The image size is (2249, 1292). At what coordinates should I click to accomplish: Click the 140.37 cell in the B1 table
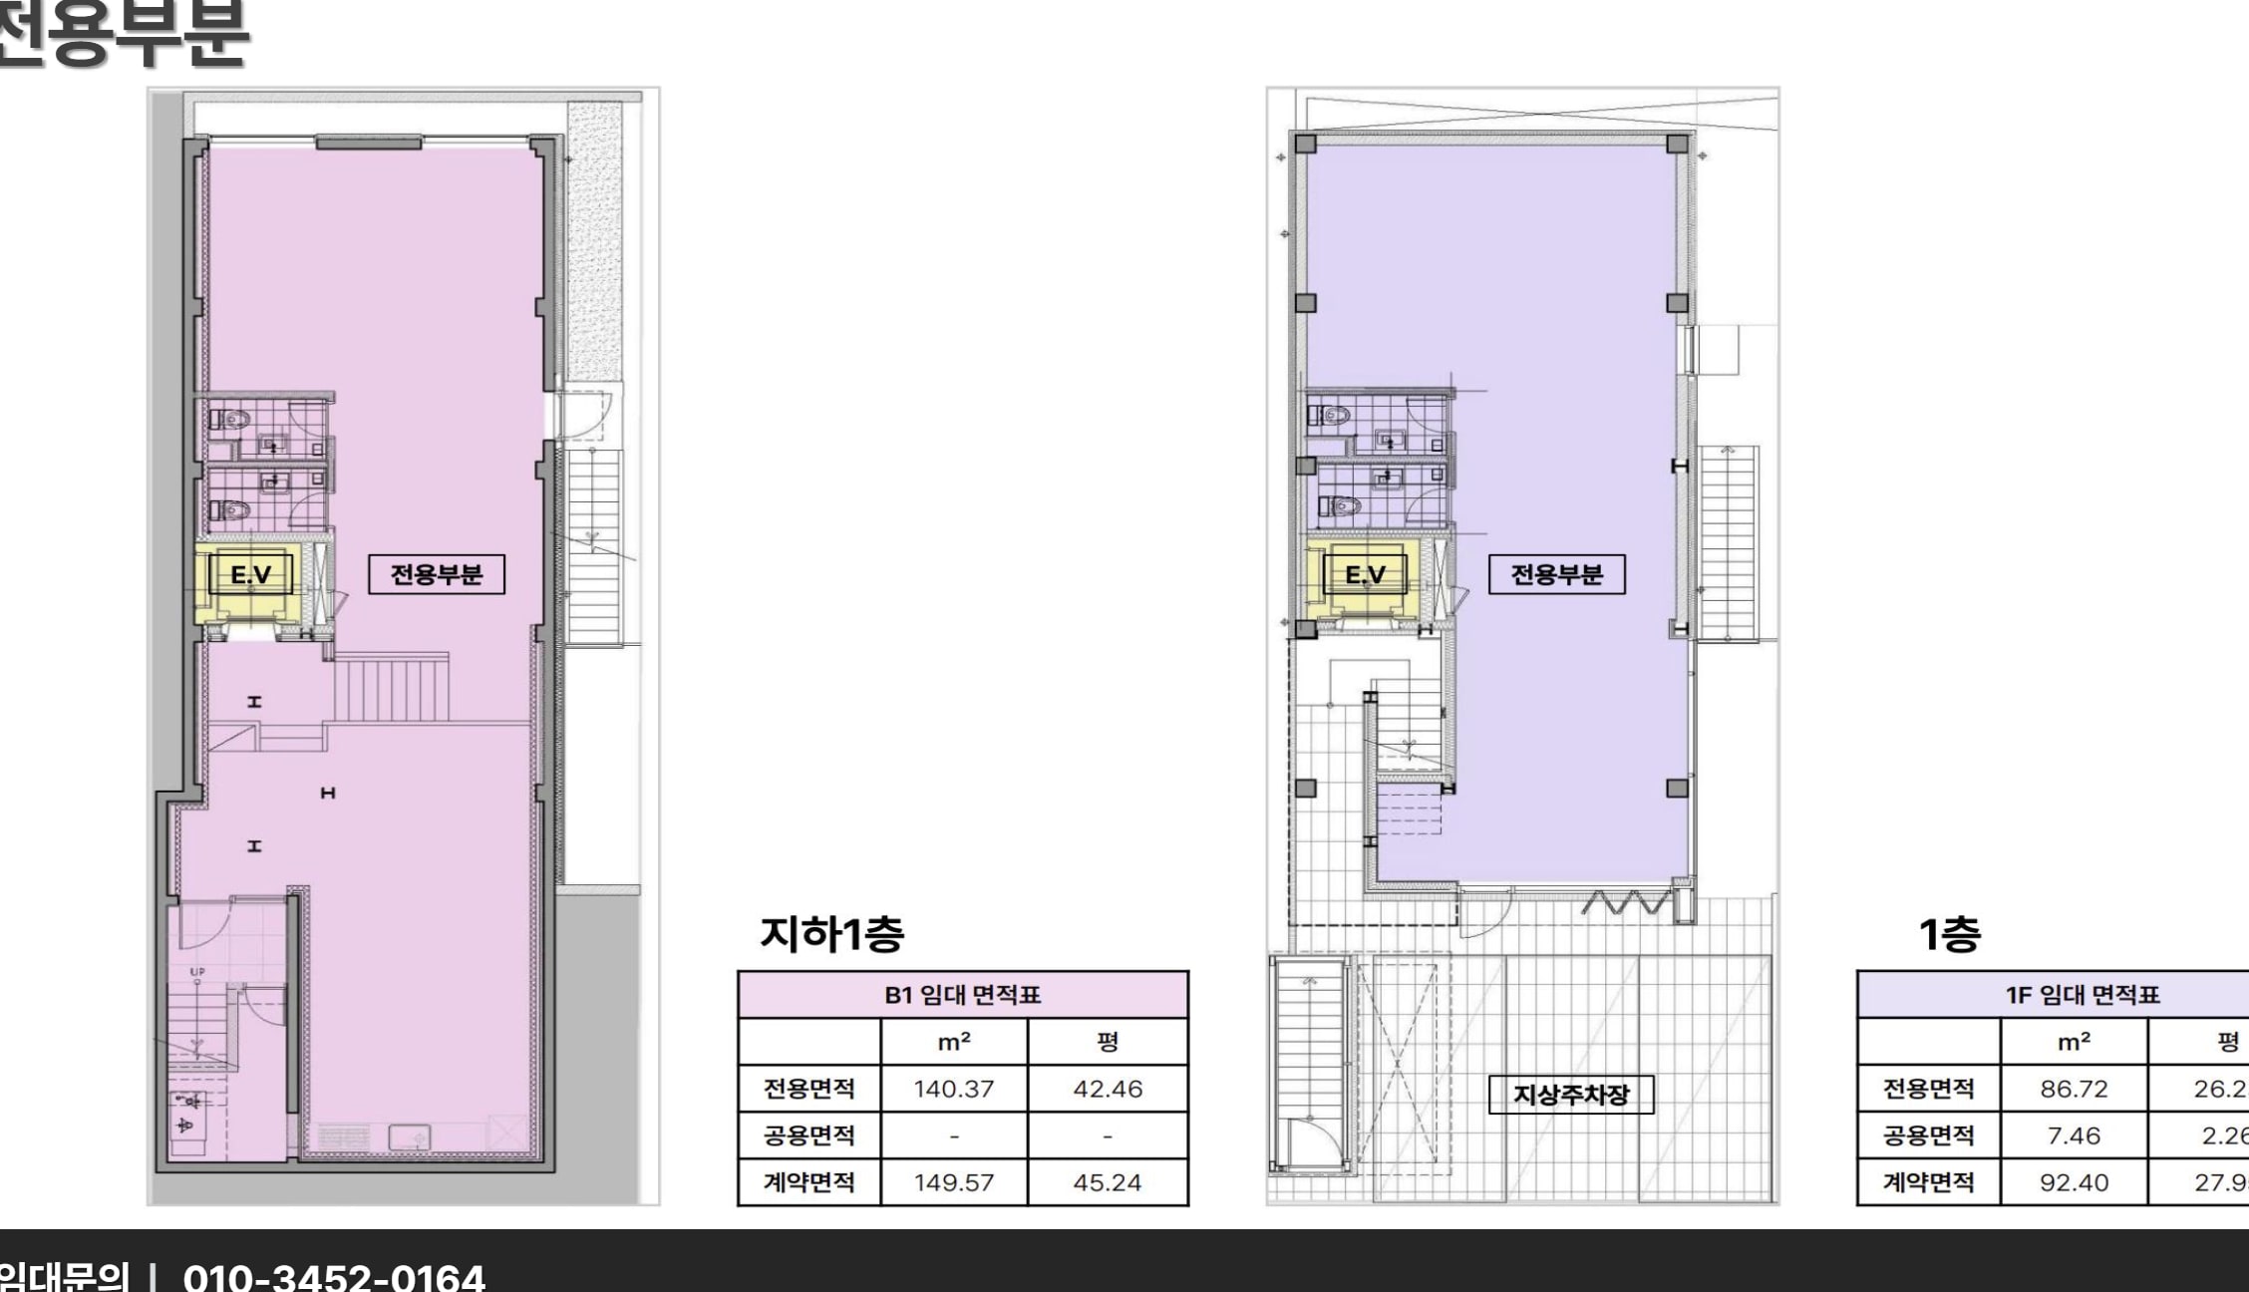(954, 1089)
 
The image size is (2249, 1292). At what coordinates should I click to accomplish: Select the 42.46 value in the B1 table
(1108, 1089)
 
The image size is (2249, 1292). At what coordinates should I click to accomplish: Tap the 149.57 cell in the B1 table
(954, 1182)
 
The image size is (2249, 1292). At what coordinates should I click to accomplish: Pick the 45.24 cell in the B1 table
(1108, 1182)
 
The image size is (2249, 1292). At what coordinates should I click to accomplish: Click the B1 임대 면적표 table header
(962, 995)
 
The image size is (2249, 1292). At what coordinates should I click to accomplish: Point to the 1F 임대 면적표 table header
(2083, 995)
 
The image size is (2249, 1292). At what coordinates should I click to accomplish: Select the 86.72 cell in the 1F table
(2074, 1089)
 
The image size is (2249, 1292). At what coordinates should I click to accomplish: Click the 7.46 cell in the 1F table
(2074, 1135)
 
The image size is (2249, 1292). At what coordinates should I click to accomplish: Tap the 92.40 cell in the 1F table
(2074, 1182)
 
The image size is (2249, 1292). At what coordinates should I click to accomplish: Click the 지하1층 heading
(831, 934)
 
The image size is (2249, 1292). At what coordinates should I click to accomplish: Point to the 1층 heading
(1950, 934)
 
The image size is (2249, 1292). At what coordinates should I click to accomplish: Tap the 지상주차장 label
(1571, 1095)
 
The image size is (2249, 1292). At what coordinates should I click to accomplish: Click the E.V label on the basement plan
(250, 574)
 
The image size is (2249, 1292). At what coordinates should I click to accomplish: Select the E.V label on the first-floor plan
(1365, 574)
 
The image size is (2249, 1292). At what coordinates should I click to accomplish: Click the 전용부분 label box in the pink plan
(437, 574)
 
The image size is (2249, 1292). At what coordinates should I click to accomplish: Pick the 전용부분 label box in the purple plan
(1556, 574)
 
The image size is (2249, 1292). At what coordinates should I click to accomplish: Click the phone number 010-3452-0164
(334, 1276)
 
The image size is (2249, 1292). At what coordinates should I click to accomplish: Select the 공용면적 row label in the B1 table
(808, 1135)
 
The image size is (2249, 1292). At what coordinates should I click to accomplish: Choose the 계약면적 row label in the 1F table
(1928, 1182)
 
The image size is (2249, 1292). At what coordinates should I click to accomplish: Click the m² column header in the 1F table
(2074, 1042)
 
